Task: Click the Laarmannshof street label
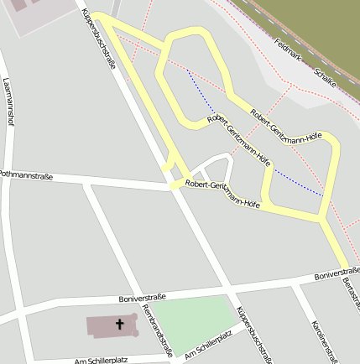[x=9, y=101]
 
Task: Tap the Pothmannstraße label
[x=26, y=176]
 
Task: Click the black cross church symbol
[x=119, y=325]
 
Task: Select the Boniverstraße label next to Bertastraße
[x=336, y=273]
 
